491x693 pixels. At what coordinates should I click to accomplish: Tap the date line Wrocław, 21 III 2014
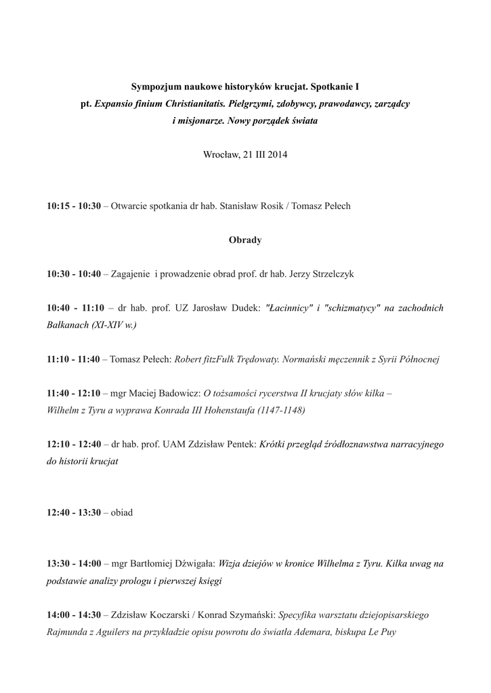coord(245,155)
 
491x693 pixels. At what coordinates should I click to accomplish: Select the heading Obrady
coord(245,240)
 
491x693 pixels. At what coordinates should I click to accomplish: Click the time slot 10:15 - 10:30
coord(74,206)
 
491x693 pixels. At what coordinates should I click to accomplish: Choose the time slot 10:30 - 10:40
coord(74,274)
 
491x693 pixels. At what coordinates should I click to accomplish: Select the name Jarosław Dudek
coord(227,308)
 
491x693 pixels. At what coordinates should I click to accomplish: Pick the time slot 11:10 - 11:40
coord(74,359)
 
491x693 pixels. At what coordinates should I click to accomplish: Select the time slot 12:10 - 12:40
coord(74,445)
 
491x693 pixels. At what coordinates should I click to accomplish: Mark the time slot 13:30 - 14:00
coord(74,564)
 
